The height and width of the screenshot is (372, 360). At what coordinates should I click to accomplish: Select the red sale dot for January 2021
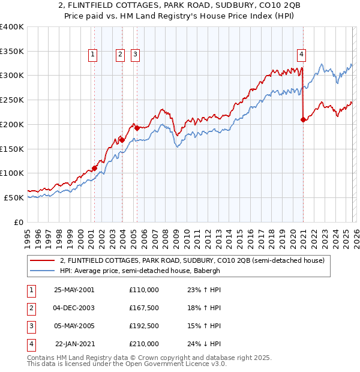pyautogui.click(x=303, y=119)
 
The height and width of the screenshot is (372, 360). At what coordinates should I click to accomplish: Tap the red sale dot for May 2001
pyautogui.click(x=95, y=168)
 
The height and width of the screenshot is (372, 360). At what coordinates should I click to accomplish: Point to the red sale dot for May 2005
pyautogui.click(x=137, y=128)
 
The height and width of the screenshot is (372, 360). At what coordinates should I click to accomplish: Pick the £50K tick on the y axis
pyautogui.click(x=14, y=197)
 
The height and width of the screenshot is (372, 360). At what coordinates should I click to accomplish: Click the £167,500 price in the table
pyautogui.click(x=144, y=308)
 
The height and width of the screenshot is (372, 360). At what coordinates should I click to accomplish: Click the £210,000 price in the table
pyautogui.click(x=144, y=344)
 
